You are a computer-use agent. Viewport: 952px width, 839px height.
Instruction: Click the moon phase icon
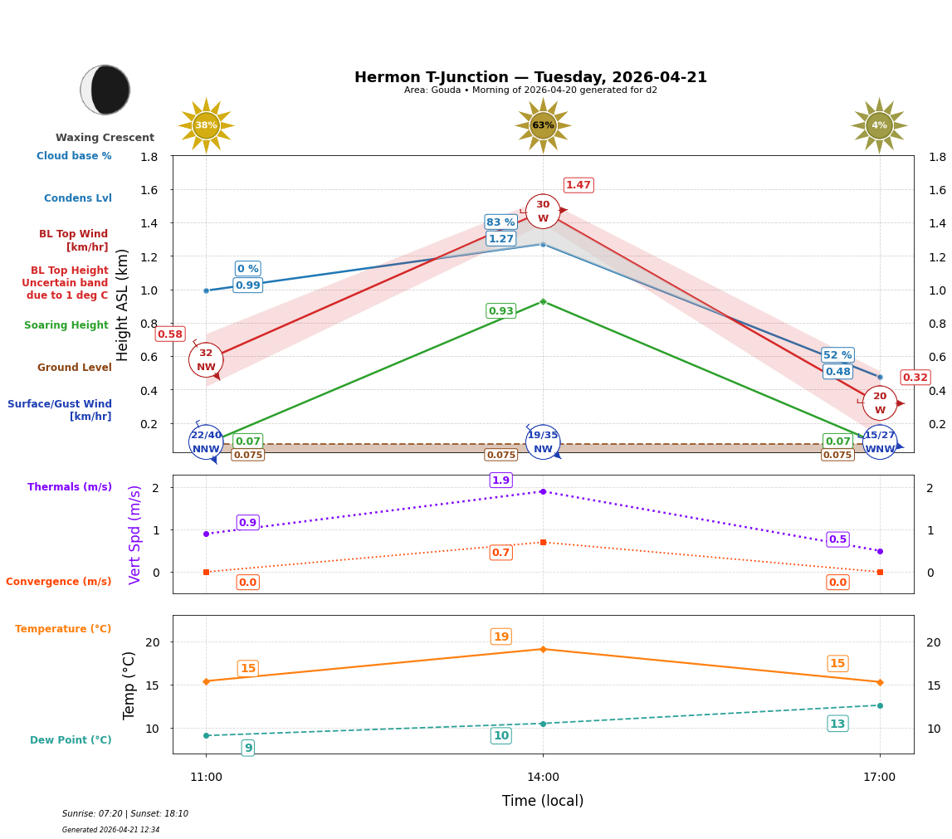[x=105, y=90]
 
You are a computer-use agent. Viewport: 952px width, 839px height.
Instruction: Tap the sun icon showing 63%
[x=543, y=126]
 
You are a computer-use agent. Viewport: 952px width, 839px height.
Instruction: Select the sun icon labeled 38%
[x=206, y=126]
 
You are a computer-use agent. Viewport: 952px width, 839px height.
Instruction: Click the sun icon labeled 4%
[x=879, y=126]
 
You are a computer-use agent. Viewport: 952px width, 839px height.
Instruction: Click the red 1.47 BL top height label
[x=579, y=185]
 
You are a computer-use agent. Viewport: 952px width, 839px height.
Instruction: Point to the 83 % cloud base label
[x=500, y=222]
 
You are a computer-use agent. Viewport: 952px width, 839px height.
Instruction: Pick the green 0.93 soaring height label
[x=500, y=311]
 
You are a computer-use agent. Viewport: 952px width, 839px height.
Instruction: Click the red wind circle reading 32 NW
[x=206, y=360]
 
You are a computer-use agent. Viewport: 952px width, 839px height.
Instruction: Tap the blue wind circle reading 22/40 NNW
[x=206, y=442]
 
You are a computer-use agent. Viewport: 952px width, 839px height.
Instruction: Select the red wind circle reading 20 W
[x=879, y=403]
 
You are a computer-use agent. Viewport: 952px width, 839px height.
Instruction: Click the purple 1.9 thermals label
[x=500, y=480]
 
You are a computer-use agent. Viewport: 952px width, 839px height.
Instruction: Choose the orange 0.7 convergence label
[x=500, y=553]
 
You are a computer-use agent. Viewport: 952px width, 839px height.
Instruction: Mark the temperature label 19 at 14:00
[x=500, y=637]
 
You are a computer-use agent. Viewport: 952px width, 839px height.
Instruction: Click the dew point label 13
[x=837, y=724]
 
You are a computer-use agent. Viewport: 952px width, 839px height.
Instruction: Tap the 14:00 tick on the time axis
[x=543, y=778]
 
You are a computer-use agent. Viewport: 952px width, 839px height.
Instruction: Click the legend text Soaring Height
[x=66, y=325]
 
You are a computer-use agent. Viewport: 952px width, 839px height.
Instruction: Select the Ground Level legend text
[x=75, y=368]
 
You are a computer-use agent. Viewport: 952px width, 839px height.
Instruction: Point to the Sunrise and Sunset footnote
[x=125, y=814]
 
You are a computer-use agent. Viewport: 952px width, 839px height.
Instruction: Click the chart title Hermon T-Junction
[x=530, y=77]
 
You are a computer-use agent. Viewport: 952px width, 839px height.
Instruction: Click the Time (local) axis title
[x=543, y=801]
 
